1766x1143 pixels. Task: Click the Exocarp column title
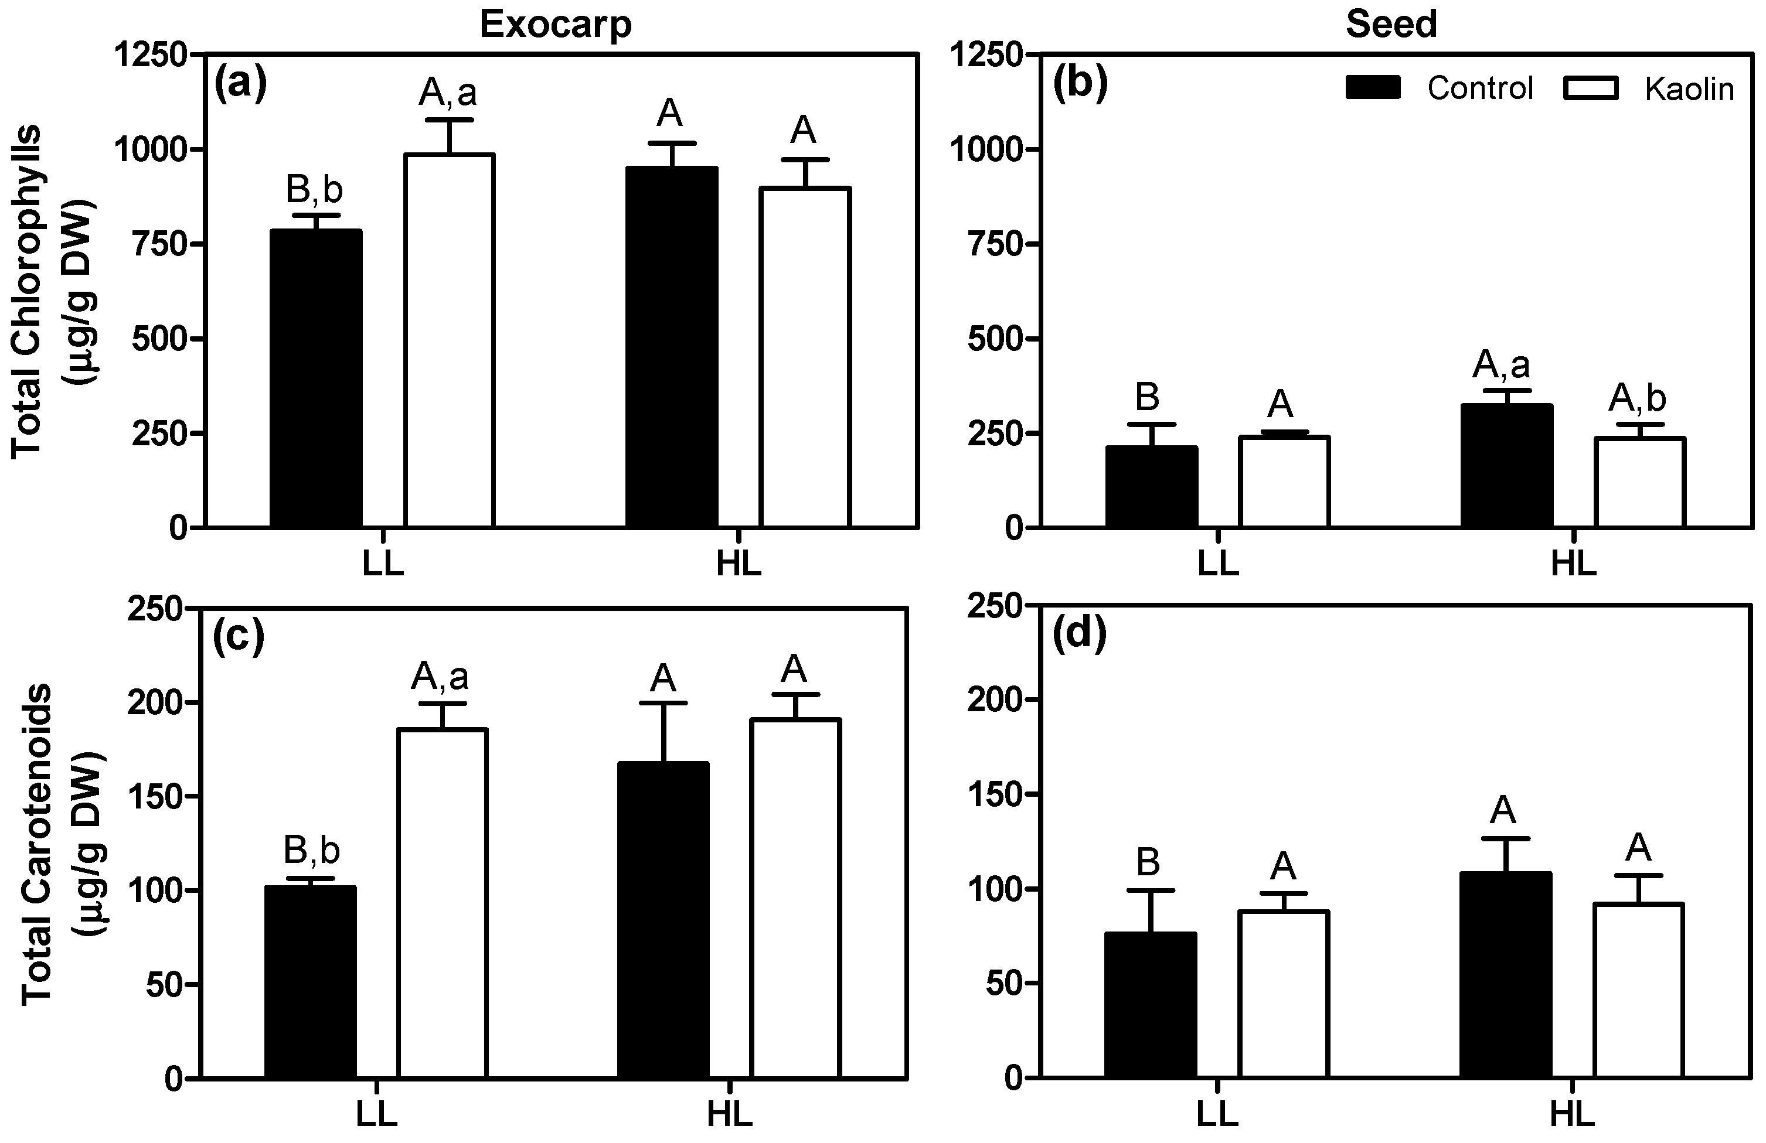(x=556, y=25)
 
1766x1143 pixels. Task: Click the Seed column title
(x=1391, y=25)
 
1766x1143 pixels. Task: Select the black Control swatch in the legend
(x=1373, y=87)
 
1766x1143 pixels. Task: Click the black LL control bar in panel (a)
(x=316, y=378)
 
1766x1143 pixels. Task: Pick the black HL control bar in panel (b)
(x=1506, y=466)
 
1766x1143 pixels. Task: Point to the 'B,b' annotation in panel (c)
(x=312, y=851)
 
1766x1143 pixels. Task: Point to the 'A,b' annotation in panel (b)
(x=1637, y=398)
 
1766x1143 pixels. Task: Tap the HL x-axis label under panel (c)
(x=729, y=1115)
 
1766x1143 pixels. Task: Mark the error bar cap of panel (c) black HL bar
(x=663, y=702)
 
